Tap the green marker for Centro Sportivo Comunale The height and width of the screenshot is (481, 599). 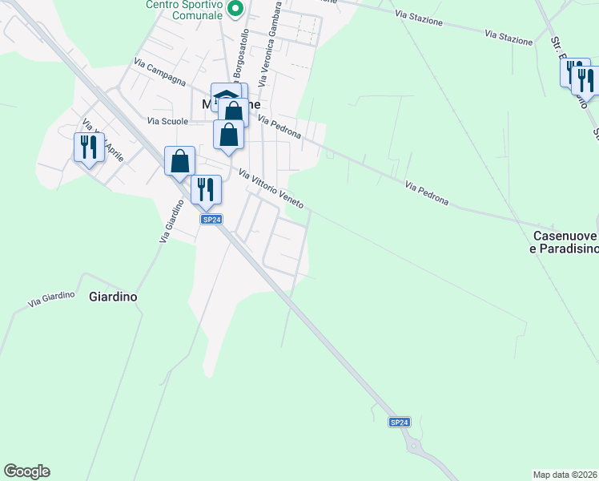235,10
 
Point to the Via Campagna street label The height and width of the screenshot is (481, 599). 160,72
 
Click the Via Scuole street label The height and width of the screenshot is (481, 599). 167,121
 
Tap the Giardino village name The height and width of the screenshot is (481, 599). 112,297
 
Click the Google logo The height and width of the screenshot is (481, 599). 26,471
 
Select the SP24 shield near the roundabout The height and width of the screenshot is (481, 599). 400,422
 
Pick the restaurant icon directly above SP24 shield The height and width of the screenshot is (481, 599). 206,188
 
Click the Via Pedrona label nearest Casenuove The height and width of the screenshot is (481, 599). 426,193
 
